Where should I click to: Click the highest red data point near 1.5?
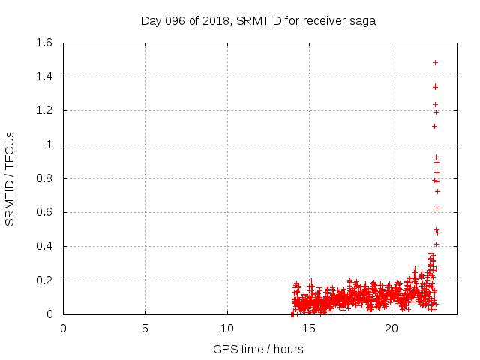tap(435, 62)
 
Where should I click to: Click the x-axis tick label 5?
tap(145, 328)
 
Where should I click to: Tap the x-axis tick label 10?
tap(227, 328)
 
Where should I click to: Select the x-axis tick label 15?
tap(309, 328)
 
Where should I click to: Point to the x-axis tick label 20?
tap(391, 328)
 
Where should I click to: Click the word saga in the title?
tap(361, 20)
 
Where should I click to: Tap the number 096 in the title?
tap(178, 20)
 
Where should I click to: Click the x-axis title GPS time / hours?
tap(257, 349)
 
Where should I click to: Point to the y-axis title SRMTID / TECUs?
tap(10, 179)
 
